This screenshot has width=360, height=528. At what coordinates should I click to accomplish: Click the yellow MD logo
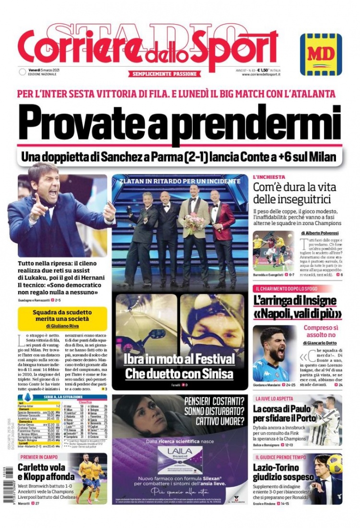[321, 54]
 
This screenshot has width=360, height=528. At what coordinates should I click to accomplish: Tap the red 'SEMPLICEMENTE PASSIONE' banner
[164, 74]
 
